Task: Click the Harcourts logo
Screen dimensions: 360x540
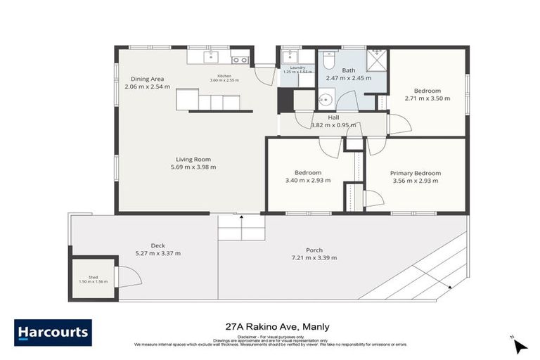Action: coord(53,333)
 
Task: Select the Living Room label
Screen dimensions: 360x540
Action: coord(193,160)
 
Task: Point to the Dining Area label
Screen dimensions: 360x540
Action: coord(147,79)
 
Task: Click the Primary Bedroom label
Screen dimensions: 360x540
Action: coord(416,173)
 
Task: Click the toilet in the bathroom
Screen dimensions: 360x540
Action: coord(328,61)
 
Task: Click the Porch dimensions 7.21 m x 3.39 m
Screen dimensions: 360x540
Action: coord(314,258)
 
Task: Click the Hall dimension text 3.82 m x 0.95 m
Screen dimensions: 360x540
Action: coord(334,126)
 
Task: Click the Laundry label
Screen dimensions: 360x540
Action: coord(293,67)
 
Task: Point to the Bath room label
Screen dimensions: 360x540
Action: coord(349,71)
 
